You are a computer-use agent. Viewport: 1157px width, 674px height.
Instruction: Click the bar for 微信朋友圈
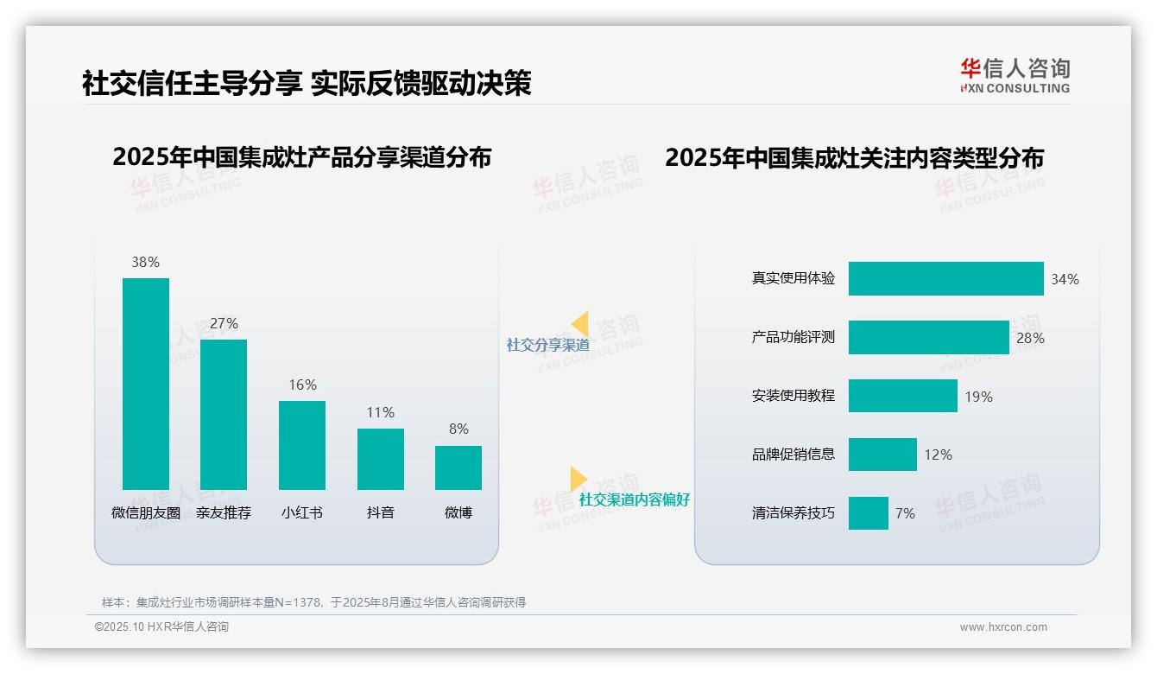[x=146, y=384]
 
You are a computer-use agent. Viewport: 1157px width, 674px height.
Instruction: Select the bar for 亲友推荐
[x=224, y=415]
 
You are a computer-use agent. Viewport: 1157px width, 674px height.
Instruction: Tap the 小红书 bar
[x=302, y=445]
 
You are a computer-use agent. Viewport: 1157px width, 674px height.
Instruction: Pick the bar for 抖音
[x=381, y=459]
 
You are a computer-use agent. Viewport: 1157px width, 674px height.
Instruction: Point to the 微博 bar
[x=458, y=467]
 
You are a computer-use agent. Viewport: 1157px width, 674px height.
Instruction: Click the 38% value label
[x=146, y=262]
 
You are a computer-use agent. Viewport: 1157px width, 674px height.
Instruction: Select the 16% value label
[x=302, y=385]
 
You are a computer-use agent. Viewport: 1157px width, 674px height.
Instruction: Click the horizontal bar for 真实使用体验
[x=945, y=279]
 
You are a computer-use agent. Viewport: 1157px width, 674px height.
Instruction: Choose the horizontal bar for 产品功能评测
[x=928, y=338]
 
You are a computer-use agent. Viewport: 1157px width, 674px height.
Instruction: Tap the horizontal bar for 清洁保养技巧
[x=868, y=513]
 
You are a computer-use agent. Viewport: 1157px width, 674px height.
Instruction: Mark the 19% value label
[x=978, y=397]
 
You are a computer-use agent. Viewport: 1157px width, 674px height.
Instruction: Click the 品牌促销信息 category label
[x=793, y=455]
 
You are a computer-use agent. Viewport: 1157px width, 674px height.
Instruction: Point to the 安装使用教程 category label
[x=793, y=396]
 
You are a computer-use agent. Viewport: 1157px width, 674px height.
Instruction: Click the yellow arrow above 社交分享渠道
[x=580, y=324]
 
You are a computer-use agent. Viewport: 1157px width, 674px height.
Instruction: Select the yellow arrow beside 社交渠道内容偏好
[x=578, y=479]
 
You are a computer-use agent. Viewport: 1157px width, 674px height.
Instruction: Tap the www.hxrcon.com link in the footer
[x=1003, y=627]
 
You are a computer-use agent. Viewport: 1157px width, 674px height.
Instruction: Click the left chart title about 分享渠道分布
[x=301, y=157]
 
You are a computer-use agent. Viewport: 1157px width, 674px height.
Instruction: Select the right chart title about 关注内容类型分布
[x=854, y=158]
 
